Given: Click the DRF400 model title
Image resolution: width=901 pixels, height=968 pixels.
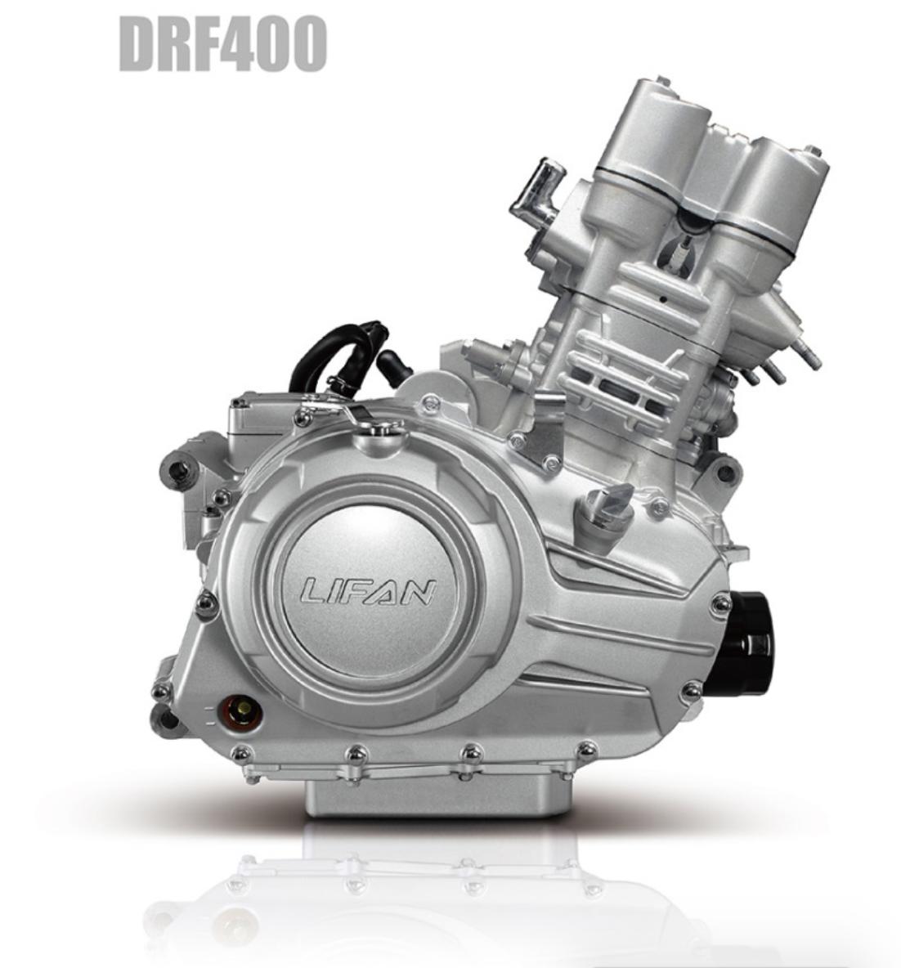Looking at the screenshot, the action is click(222, 43).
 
